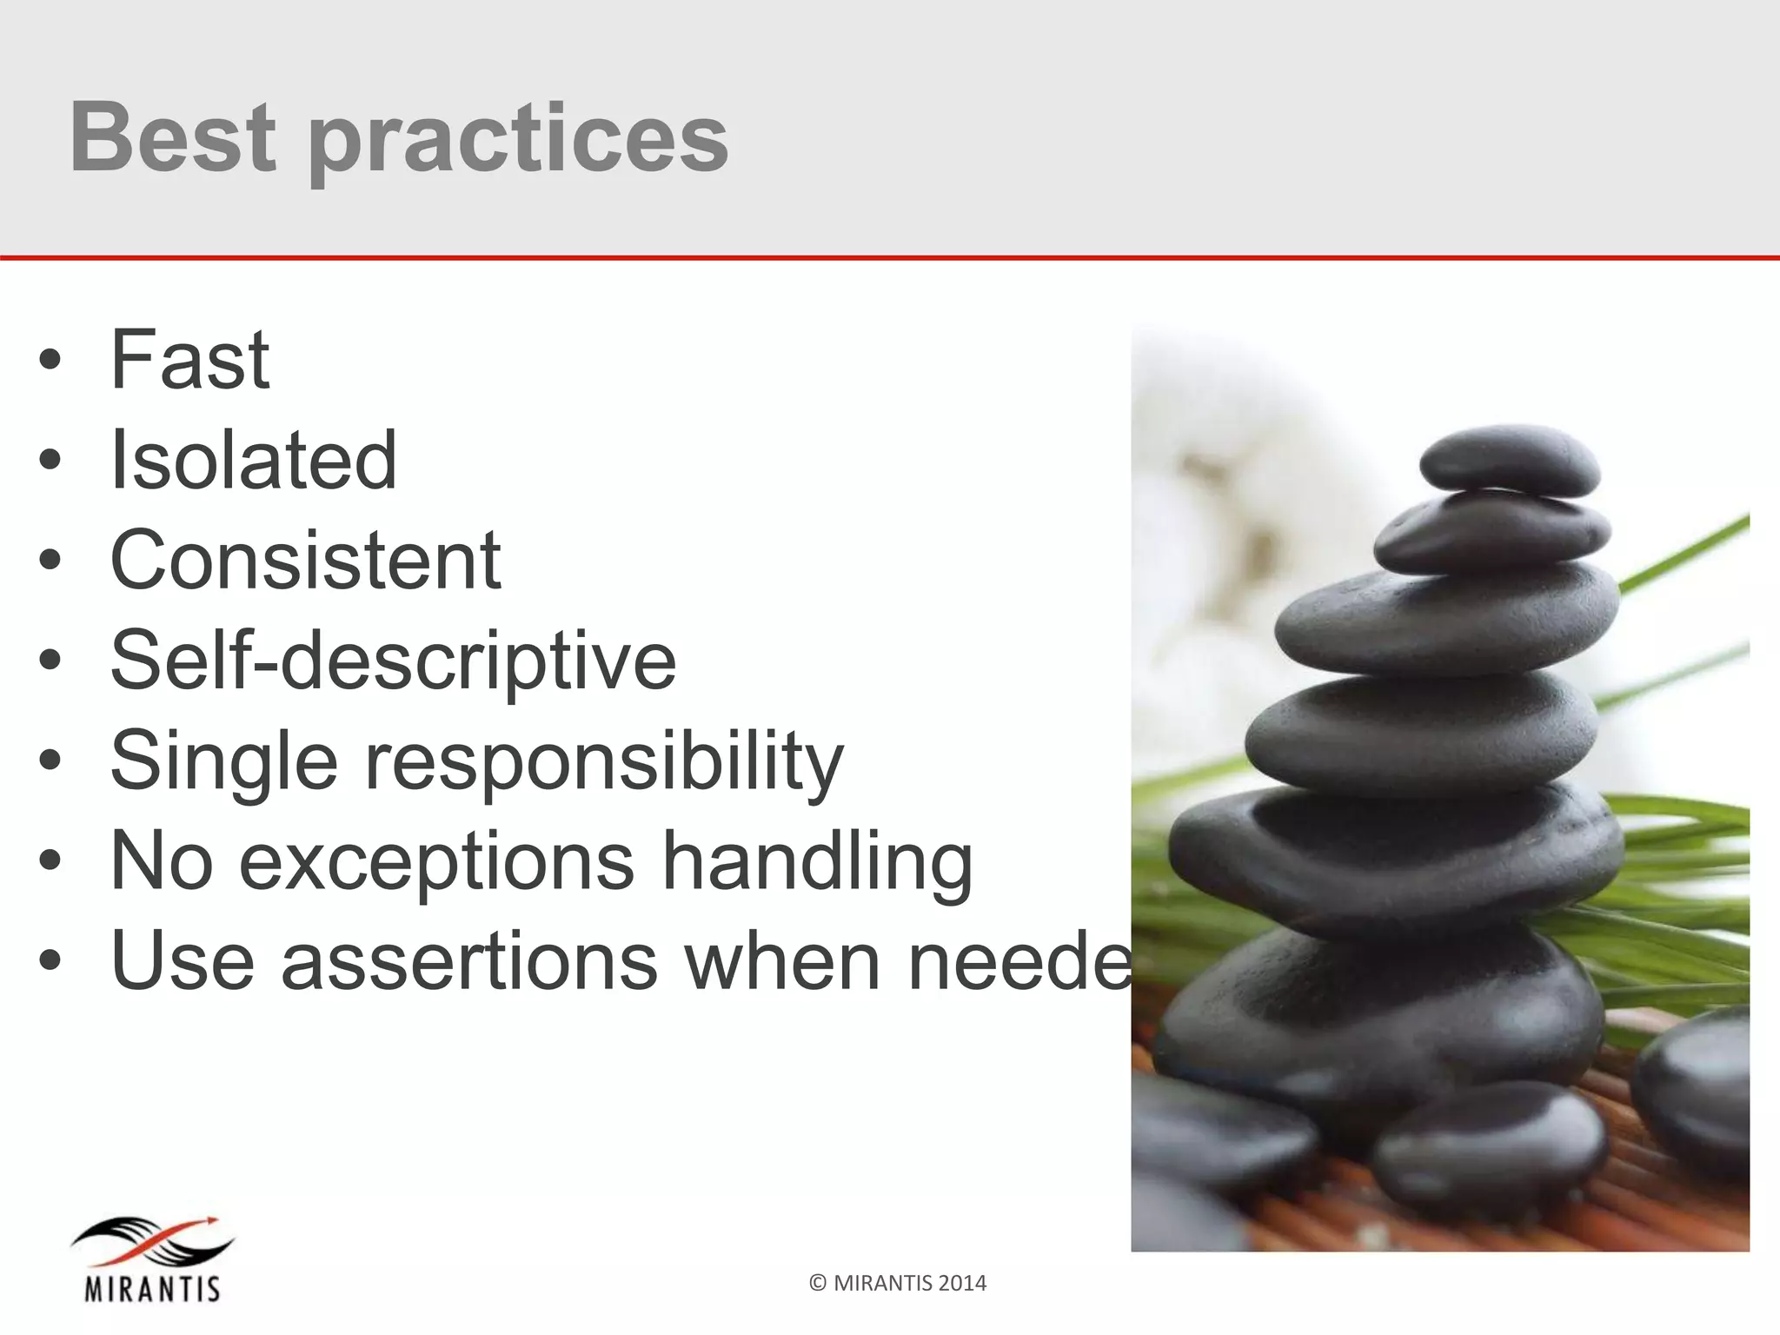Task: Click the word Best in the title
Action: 172,137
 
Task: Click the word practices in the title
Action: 518,139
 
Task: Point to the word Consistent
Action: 305,560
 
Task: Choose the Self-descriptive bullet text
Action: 393,661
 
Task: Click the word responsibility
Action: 603,761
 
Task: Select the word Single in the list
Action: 223,761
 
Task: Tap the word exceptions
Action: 436,861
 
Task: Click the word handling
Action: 817,861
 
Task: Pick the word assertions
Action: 469,960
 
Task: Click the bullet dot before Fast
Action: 50,361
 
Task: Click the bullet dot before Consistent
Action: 50,561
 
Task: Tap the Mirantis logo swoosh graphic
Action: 153,1242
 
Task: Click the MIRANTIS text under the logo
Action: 152,1288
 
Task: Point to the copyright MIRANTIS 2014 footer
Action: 898,1283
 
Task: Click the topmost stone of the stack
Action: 1509,461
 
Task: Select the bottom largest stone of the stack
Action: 1382,1008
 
